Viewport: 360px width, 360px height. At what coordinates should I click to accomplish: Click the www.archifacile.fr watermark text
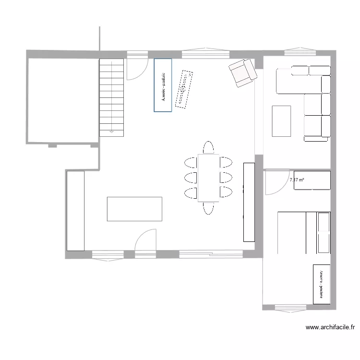coord(330,328)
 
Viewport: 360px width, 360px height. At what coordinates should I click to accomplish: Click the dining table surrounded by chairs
coord(208,178)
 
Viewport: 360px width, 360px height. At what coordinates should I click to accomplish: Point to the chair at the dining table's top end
coord(208,147)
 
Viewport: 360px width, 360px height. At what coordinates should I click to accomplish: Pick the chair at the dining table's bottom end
coord(208,208)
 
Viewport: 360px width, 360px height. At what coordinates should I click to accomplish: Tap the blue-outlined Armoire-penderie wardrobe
coord(163,85)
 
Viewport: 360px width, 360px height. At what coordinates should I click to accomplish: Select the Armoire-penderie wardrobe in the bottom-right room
coord(322,284)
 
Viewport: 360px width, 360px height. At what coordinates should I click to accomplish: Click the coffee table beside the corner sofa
coord(281,121)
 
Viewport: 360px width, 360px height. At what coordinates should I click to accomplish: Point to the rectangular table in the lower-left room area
coord(134,209)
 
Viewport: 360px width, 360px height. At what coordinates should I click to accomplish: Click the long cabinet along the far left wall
coord(75,211)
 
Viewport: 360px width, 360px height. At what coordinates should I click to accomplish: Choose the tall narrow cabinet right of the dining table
coord(249,202)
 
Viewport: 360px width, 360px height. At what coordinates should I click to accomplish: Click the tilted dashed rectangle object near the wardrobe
coord(184,89)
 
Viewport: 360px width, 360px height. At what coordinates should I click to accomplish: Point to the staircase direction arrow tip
coord(112,131)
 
